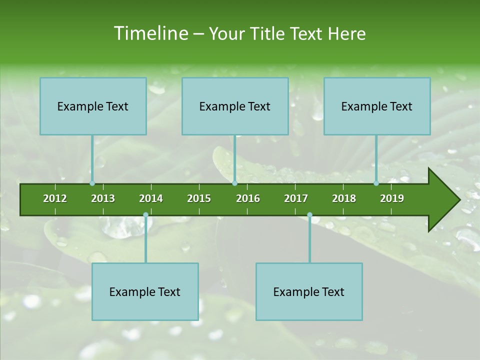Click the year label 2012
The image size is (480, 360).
point(55,198)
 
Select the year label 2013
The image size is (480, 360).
point(103,198)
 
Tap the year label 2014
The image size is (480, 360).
point(151,198)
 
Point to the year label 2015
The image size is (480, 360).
point(199,198)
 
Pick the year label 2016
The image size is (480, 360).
point(248,198)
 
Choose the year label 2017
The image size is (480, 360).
point(296,198)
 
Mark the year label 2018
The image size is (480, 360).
point(344,198)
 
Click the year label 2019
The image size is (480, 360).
point(392,198)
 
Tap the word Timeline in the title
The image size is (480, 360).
point(150,33)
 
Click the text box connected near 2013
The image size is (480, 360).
point(93,106)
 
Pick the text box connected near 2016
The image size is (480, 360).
point(235,106)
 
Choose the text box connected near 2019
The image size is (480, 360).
point(377,106)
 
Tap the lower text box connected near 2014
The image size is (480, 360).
point(145,291)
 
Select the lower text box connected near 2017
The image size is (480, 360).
point(309,291)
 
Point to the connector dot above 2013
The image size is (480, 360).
point(92,183)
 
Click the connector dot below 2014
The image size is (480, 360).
point(145,215)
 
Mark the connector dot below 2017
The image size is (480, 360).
point(309,215)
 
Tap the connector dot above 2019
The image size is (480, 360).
point(376,183)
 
